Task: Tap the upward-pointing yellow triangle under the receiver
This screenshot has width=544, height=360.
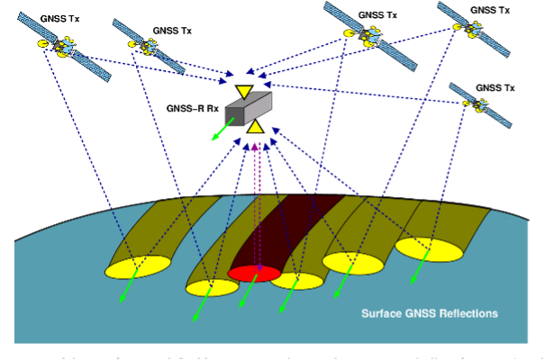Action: (256, 126)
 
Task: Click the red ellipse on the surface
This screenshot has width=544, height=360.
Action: (254, 273)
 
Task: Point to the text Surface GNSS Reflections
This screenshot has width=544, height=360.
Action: (430, 313)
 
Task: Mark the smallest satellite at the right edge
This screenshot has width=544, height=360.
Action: (480, 103)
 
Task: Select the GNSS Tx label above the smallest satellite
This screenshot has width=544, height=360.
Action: (494, 87)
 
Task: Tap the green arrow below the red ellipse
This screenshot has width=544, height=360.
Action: (242, 293)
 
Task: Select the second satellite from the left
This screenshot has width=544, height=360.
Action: (150, 44)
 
